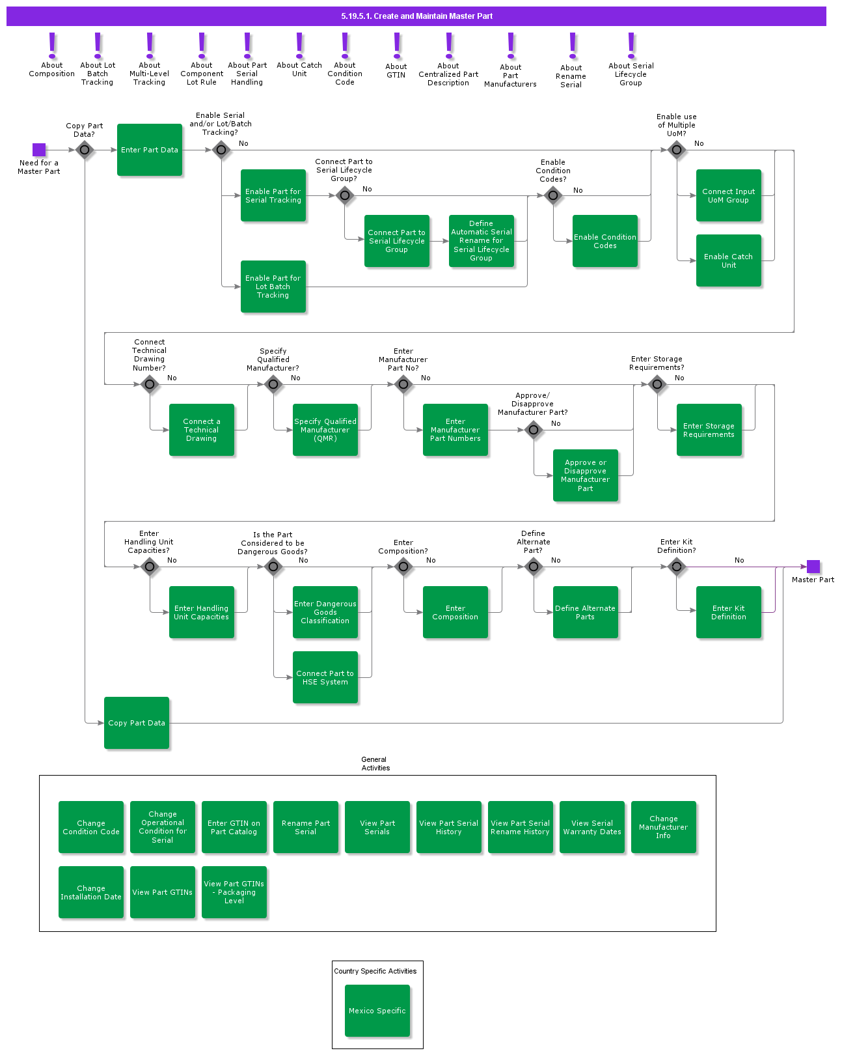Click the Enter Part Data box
pyautogui.click(x=150, y=150)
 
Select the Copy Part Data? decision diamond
pyautogui.click(x=85, y=150)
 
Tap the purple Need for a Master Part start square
pyautogui.click(x=39, y=150)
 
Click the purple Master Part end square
pyautogui.click(x=813, y=567)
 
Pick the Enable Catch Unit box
pyautogui.click(x=728, y=260)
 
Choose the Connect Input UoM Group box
pyautogui.click(x=728, y=195)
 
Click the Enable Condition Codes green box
pyautogui.click(x=604, y=241)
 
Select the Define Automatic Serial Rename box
pyautogui.click(x=481, y=241)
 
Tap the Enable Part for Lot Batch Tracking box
pyautogui.click(x=273, y=287)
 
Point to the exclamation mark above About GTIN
pyautogui.click(x=397, y=46)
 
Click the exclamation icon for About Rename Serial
pyautogui.click(x=573, y=46)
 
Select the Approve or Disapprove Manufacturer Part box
pyautogui.click(x=585, y=475)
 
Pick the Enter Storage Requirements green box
pyautogui.click(x=709, y=430)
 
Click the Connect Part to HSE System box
pyautogui.click(x=325, y=677)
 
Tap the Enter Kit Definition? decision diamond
pyautogui.click(x=677, y=567)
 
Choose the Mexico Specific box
pyautogui.click(x=377, y=1010)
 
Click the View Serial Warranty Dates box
pyautogui.click(x=591, y=827)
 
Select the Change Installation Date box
pyautogui.click(x=91, y=892)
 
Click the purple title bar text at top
pyautogui.click(x=416, y=16)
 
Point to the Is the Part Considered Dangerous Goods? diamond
pyautogui.click(x=273, y=567)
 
